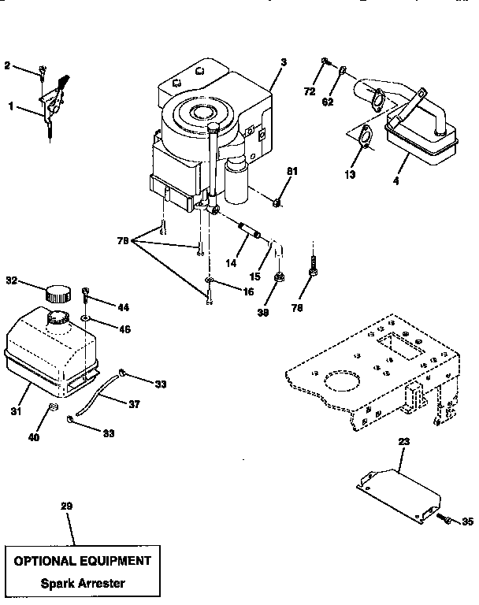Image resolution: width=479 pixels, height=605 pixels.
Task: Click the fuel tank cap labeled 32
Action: pos(58,295)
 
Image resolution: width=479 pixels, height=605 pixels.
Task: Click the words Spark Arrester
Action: pos(77,584)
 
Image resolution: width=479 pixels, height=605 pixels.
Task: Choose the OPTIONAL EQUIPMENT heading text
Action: pos(78,561)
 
